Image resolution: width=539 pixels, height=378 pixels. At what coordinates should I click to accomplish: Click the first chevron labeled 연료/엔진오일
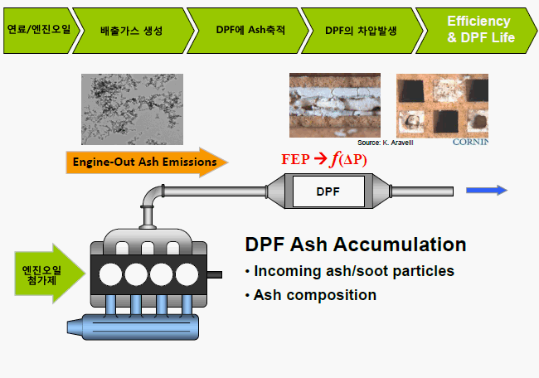38,30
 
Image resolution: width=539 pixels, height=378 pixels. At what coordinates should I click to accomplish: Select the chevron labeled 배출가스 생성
136,30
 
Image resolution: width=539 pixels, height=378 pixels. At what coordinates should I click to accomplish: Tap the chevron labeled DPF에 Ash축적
250,30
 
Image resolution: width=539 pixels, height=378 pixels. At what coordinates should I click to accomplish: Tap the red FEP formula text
323,160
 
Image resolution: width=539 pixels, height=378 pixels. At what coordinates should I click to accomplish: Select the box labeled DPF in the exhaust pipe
327,191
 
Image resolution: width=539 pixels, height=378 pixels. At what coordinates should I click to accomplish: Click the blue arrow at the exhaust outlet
486,191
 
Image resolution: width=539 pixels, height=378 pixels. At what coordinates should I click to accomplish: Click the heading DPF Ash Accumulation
355,245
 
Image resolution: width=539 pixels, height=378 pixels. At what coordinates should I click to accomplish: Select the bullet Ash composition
314,295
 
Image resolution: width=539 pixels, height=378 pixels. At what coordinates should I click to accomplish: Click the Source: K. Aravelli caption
385,143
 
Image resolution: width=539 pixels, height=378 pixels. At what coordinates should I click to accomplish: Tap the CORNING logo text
470,142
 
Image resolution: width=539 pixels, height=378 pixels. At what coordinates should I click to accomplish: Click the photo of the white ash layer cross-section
335,104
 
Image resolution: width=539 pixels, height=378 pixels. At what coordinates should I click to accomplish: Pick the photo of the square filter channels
442,104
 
